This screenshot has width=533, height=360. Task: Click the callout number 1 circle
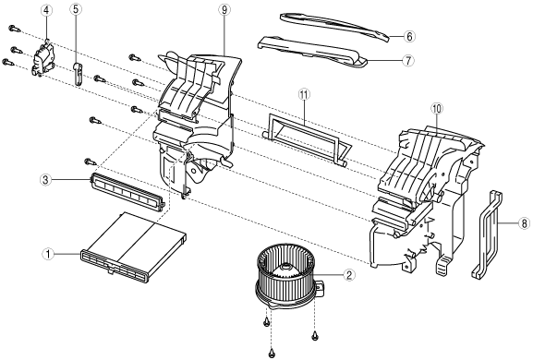tap(48, 254)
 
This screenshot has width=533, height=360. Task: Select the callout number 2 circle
tap(349, 275)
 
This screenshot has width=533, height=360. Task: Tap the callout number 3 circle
tap(45, 180)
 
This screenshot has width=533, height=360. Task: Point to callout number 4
tap(46, 10)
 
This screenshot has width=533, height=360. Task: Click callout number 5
tap(76, 9)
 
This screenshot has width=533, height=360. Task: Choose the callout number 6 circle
tap(409, 36)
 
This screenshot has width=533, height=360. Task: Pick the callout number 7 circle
tap(408, 61)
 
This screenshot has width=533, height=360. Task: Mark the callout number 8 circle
tap(524, 223)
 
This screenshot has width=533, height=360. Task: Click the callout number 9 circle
tap(224, 10)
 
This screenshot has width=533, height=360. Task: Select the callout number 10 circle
tap(437, 109)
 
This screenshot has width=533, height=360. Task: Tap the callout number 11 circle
tap(304, 94)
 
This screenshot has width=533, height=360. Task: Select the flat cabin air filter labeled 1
tap(133, 248)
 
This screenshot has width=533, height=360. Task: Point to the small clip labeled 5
tap(78, 73)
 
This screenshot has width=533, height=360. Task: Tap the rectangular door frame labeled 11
tap(308, 138)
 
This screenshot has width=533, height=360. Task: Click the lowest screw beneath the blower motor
tap(272, 353)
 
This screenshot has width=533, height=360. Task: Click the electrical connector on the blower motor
tap(321, 287)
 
